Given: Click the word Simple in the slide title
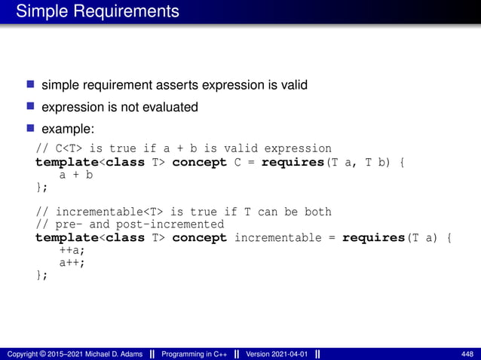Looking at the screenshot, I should coord(38,12).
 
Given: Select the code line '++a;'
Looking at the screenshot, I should coord(72,250).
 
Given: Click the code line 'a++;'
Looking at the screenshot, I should coord(72,262).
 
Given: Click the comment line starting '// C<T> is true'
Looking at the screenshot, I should coord(183,148).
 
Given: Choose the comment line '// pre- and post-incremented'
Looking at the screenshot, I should coord(130,224).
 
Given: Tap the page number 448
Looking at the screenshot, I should coord(467,353).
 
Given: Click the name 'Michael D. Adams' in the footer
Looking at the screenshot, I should coord(104,353).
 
